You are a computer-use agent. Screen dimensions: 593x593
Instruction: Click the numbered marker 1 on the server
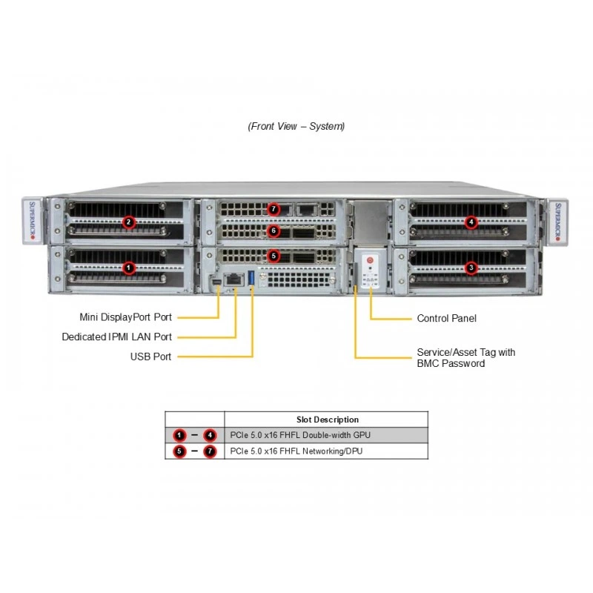(128, 268)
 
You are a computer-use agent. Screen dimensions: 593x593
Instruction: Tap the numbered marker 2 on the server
(128, 222)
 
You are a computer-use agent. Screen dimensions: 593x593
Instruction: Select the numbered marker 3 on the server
(471, 268)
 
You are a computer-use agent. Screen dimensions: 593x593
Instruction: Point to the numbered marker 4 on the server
(471, 222)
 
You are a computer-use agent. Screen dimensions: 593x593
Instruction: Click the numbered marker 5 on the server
(274, 256)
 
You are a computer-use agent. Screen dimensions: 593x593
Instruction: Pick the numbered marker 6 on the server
(274, 231)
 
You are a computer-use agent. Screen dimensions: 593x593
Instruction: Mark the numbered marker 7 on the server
(274, 209)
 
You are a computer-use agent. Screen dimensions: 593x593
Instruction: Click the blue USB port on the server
(251, 278)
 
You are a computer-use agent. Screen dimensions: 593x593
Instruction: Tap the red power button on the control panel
(370, 260)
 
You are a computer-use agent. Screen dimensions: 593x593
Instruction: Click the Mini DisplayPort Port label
(125, 317)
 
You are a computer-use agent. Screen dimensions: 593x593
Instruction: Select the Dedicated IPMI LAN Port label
(117, 337)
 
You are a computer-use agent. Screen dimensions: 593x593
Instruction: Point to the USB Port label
(150, 357)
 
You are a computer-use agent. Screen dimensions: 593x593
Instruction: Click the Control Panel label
(447, 318)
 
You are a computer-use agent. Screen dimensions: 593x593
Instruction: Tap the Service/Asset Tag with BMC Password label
(466, 358)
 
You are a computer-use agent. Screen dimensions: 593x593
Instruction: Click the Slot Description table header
(328, 420)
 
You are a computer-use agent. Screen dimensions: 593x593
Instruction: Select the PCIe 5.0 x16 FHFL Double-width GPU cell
(300, 435)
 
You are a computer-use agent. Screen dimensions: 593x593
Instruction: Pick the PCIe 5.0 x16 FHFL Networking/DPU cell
(296, 451)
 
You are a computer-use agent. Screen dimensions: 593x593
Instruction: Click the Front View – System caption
(296, 126)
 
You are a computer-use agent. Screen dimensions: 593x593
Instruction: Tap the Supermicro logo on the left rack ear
(32, 221)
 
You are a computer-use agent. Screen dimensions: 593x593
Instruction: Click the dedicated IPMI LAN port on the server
(234, 279)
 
